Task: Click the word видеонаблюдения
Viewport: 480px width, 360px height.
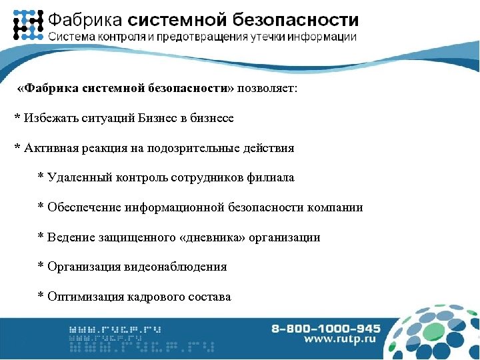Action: coord(175,267)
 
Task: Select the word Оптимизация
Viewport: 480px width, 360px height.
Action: coord(82,297)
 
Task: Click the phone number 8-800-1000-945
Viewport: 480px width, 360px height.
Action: coord(326,329)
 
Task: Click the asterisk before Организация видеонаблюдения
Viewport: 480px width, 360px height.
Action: coord(41,267)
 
